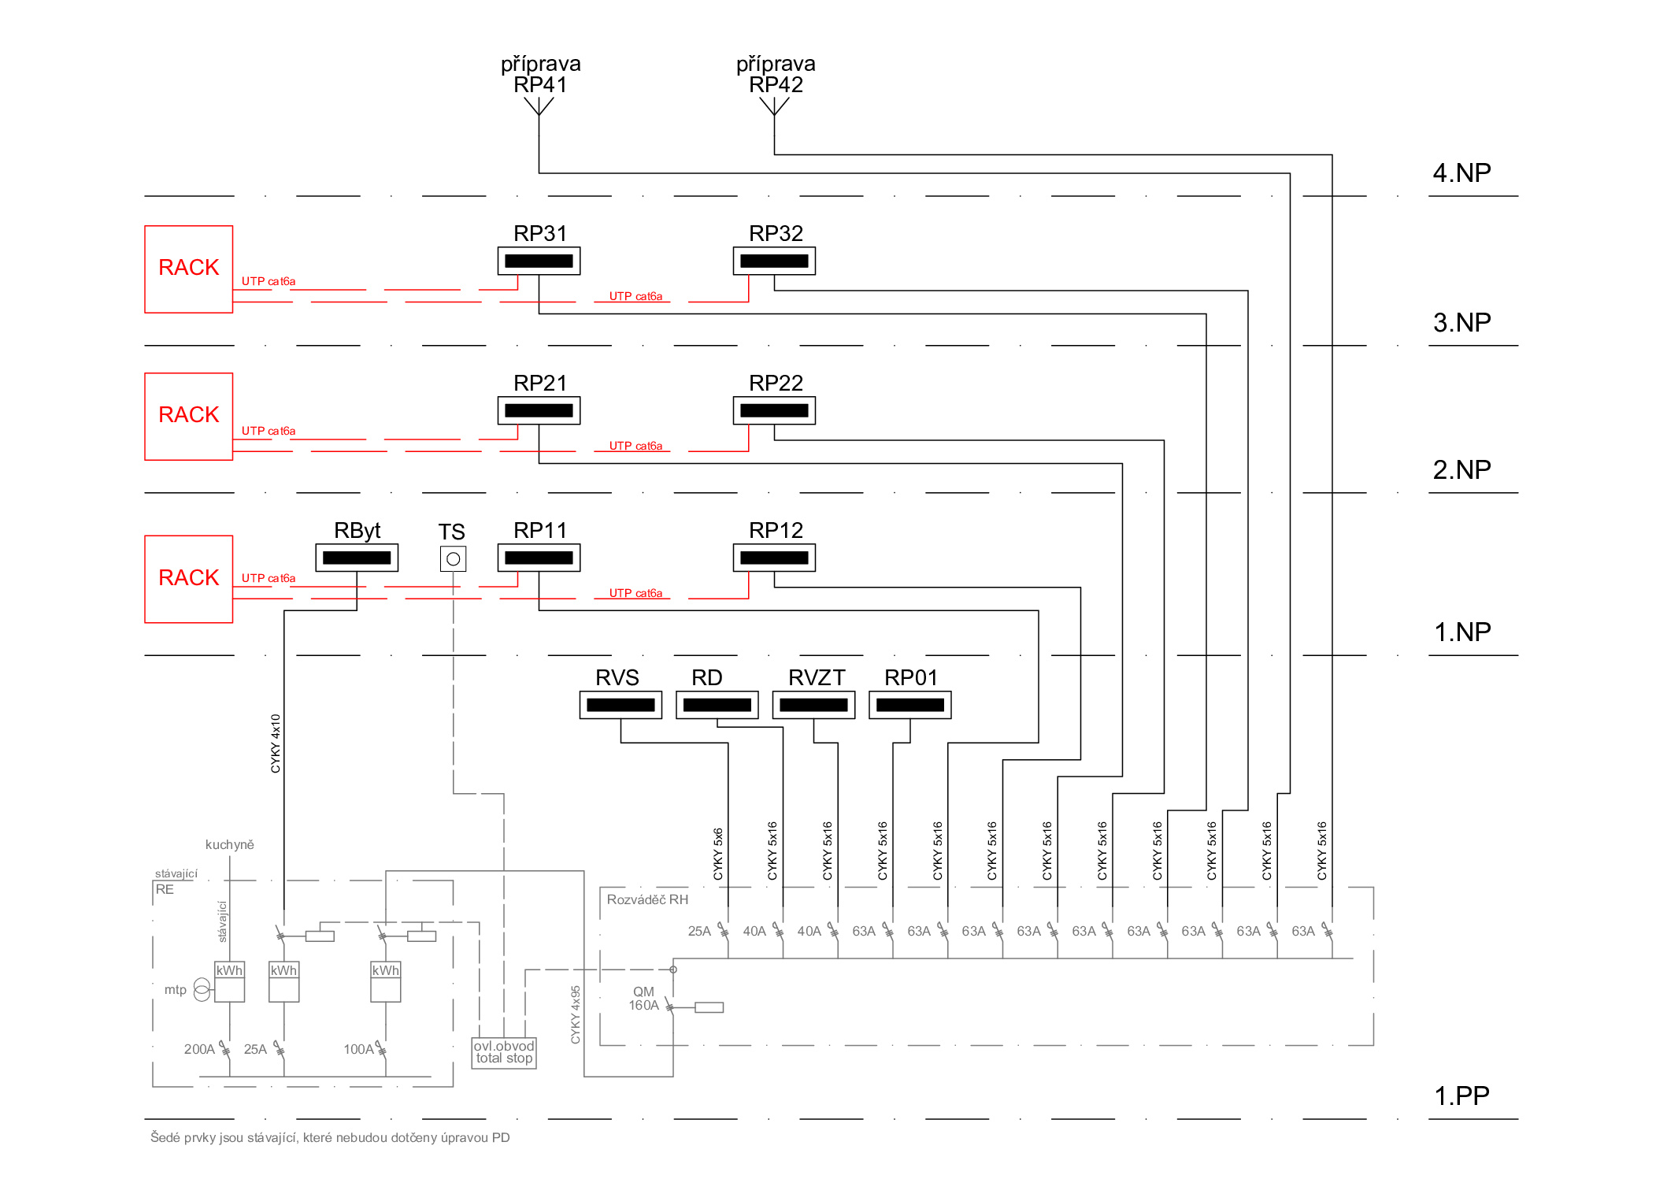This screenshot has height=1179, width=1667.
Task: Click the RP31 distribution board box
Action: pos(539,261)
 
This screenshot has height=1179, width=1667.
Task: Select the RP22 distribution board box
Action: pos(774,410)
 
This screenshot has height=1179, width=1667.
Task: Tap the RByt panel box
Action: pos(357,558)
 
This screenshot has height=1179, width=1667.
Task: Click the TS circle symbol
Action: pos(453,559)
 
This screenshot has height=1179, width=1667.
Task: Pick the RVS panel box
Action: pos(620,705)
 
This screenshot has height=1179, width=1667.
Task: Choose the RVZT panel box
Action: pos(813,705)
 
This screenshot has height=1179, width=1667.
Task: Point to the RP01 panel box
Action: pos(909,705)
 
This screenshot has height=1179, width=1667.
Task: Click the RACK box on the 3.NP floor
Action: pos(189,269)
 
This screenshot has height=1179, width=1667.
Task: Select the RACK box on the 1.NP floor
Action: pos(189,579)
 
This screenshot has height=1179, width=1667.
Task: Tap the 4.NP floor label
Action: pos(1461,172)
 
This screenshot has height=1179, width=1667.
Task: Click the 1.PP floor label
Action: pos(1461,1096)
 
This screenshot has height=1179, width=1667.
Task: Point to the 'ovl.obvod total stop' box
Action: pos(504,1053)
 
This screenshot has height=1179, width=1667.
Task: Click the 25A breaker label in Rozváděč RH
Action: pos(699,931)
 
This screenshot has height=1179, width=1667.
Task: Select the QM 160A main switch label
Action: pos(643,999)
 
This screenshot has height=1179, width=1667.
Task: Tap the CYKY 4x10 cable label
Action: pos(276,743)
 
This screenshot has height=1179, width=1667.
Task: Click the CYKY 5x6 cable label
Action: pos(718,854)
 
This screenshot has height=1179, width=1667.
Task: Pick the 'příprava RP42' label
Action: pos(776,74)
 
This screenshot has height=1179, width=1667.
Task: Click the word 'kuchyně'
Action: pos(230,844)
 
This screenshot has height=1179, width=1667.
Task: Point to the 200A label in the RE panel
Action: pos(199,1049)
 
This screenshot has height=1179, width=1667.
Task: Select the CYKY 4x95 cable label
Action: pos(576,1014)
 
